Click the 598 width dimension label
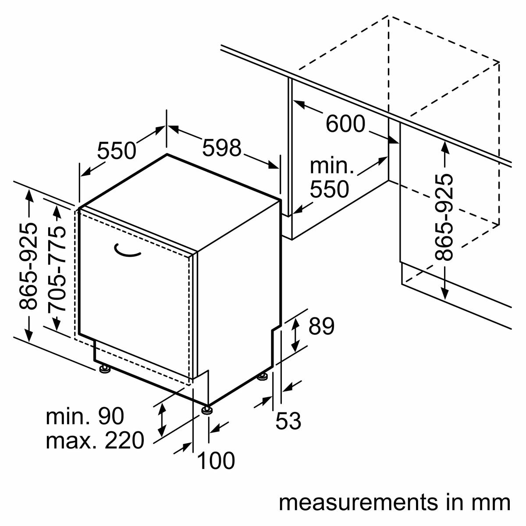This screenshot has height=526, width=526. (222, 148)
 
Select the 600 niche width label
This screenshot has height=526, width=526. (345, 124)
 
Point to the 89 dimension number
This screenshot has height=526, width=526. (321, 326)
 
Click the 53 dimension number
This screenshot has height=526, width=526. (288, 421)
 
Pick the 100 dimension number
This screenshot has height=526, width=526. (216, 461)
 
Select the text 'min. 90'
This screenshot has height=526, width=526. (85, 416)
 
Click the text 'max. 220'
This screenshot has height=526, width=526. (95, 441)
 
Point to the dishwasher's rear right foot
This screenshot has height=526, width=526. (263, 376)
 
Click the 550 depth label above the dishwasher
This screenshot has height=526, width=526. (117, 151)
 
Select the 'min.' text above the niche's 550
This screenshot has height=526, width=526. (331, 166)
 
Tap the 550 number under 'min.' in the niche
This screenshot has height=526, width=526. (329, 189)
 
